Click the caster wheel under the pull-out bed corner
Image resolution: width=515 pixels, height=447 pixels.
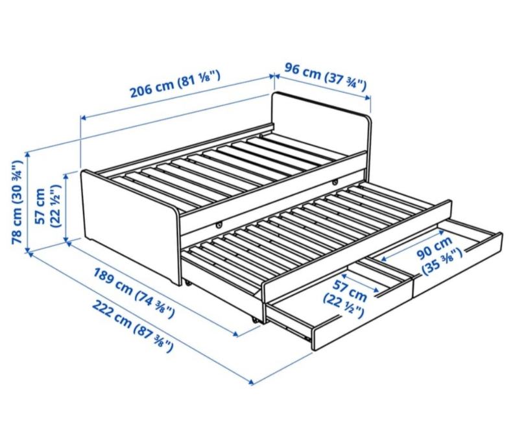point(254,321)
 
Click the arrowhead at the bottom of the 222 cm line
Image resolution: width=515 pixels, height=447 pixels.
point(251,382)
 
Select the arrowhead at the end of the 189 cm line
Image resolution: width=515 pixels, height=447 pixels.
point(235,334)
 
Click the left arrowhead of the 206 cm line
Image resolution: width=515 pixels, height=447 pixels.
point(84,117)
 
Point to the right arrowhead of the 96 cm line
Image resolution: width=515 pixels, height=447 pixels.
point(369,97)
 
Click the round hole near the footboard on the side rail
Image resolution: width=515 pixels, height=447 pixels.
point(219,225)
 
